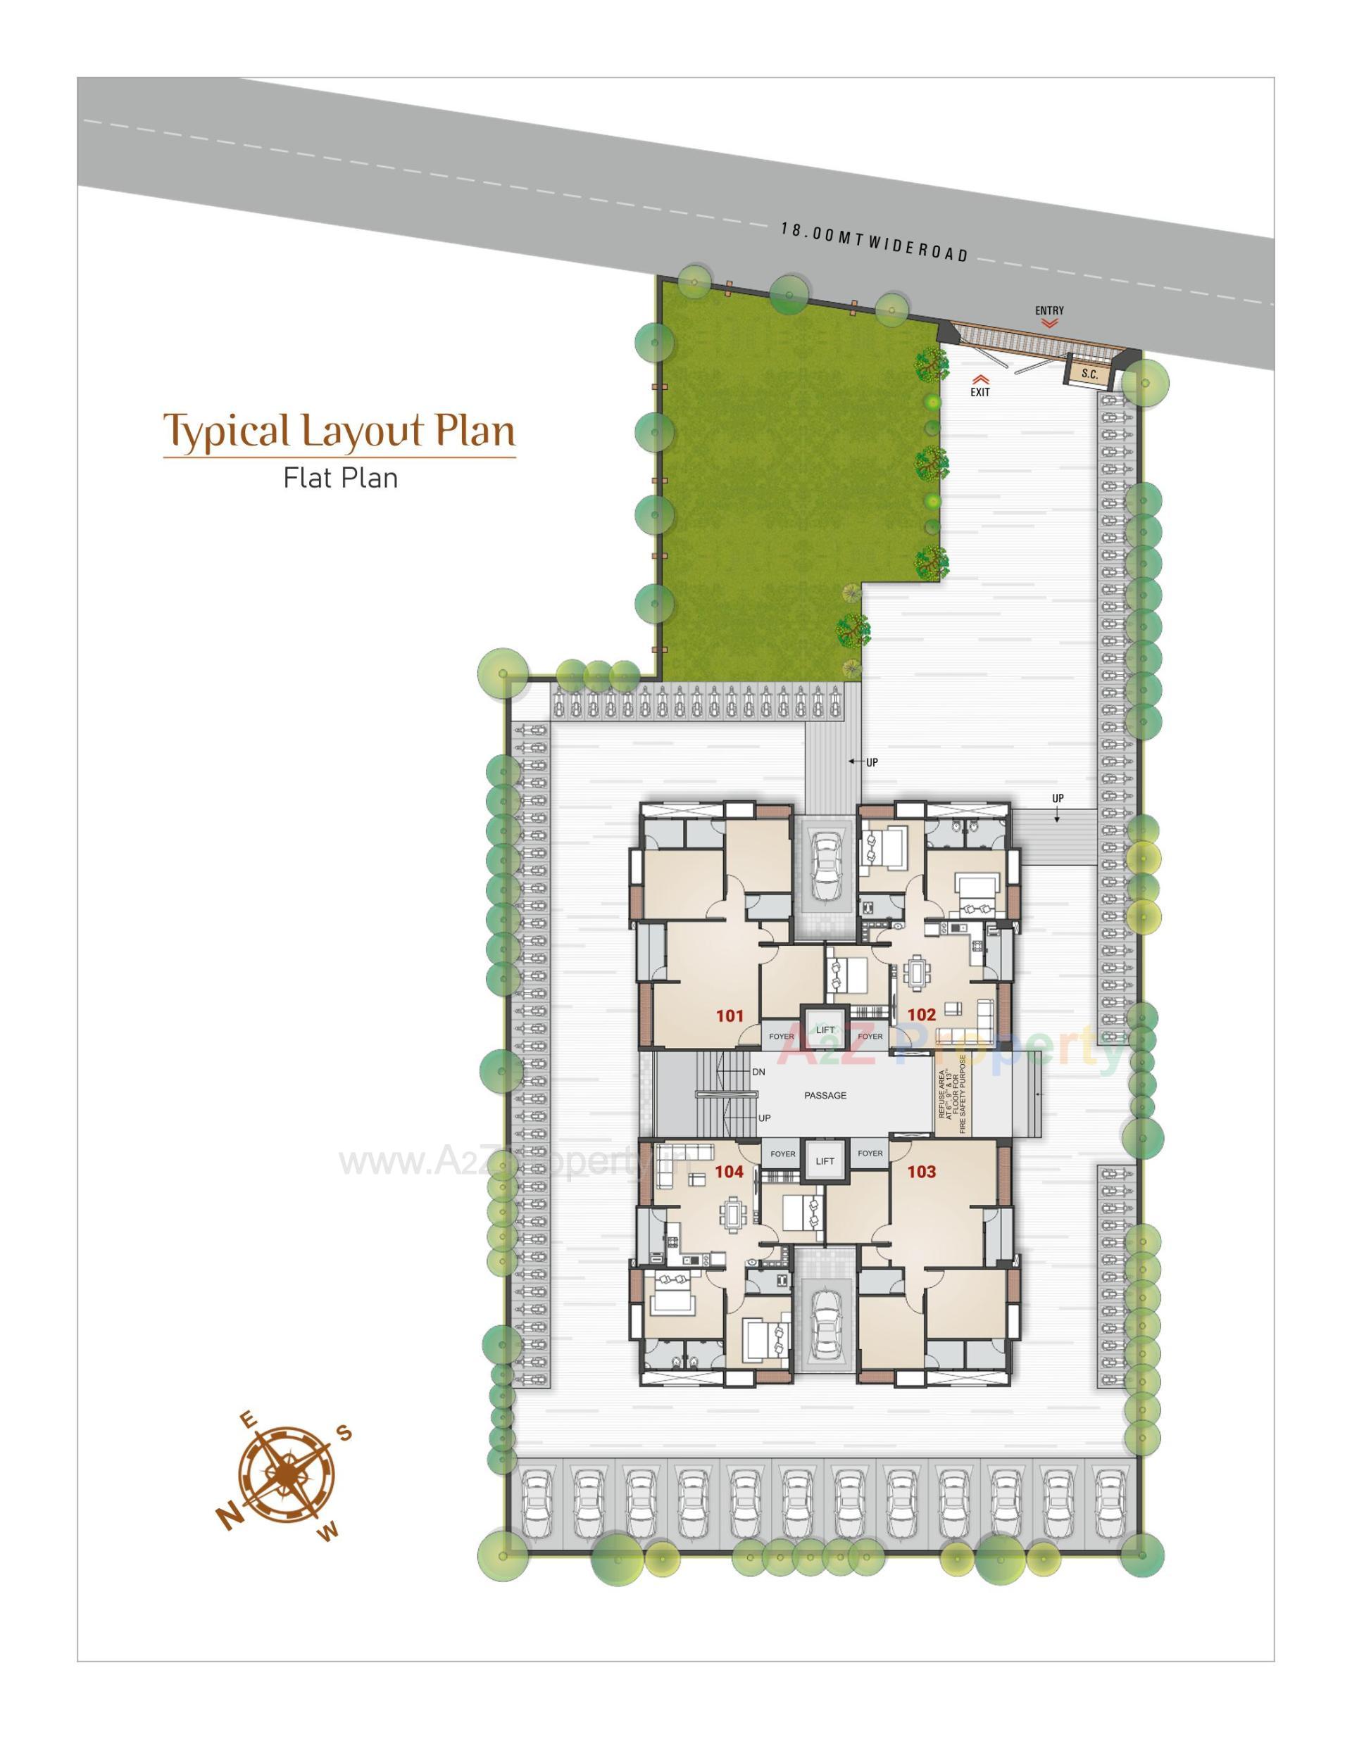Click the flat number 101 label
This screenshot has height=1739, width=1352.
(x=729, y=1016)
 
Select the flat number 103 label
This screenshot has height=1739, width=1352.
(x=921, y=1171)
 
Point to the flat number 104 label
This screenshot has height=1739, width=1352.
(x=728, y=1171)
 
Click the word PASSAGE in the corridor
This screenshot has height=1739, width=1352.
(x=825, y=1096)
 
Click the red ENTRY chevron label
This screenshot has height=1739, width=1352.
(x=1049, y=316)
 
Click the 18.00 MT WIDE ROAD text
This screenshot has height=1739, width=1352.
(x=874, y=242)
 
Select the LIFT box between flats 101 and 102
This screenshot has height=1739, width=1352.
(x=825, y=1030)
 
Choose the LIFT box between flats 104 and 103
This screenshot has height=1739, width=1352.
(x=825, y=1161)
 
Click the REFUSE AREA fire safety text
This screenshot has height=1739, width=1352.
(x=951, y=1096)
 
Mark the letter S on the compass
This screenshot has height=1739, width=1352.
(x=344, y=1434)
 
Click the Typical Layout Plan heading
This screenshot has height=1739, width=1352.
(x=339, y=431)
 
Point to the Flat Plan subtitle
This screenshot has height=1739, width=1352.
(x=340, y=478)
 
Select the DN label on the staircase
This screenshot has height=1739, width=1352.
(x=758, y=1072)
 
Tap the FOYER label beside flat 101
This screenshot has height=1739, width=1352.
(x=781, y=1036)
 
